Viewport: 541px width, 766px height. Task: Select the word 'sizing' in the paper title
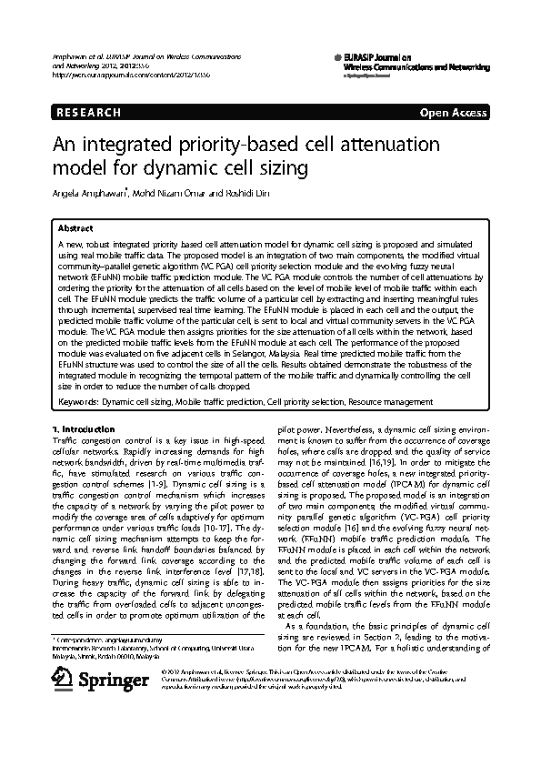[284, 168]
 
